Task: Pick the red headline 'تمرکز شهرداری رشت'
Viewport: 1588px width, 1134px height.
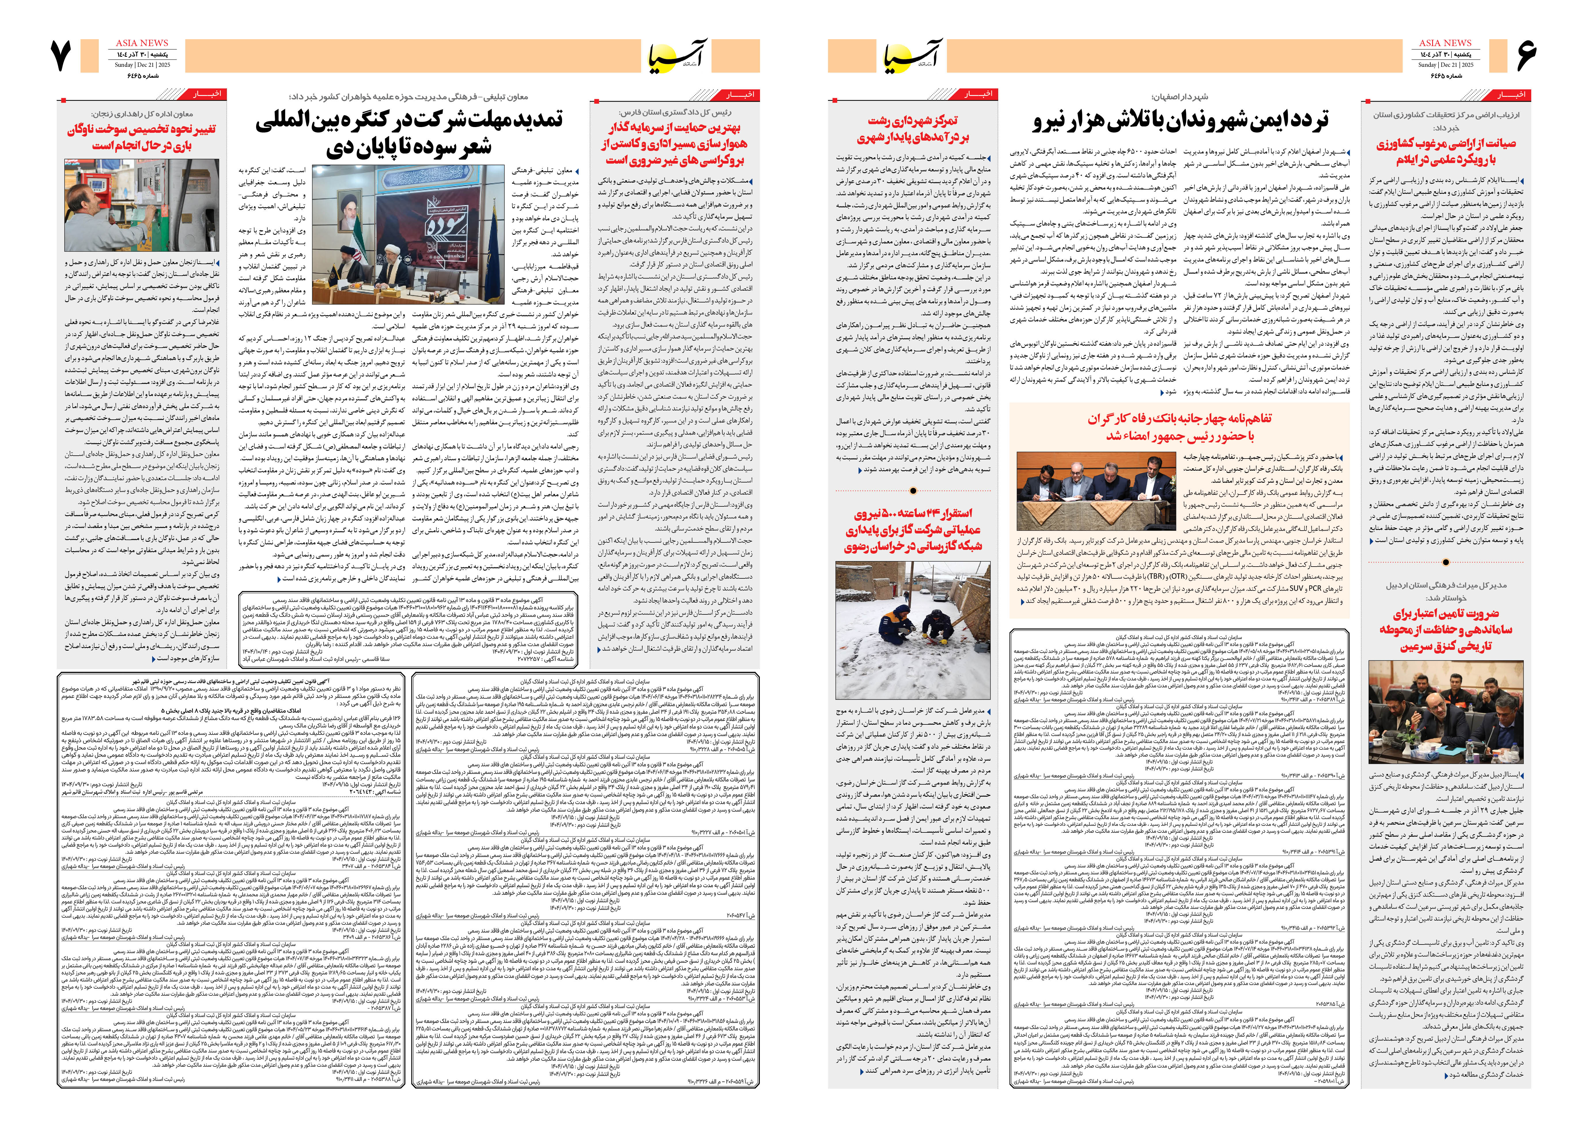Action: click(x=913, y=129)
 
